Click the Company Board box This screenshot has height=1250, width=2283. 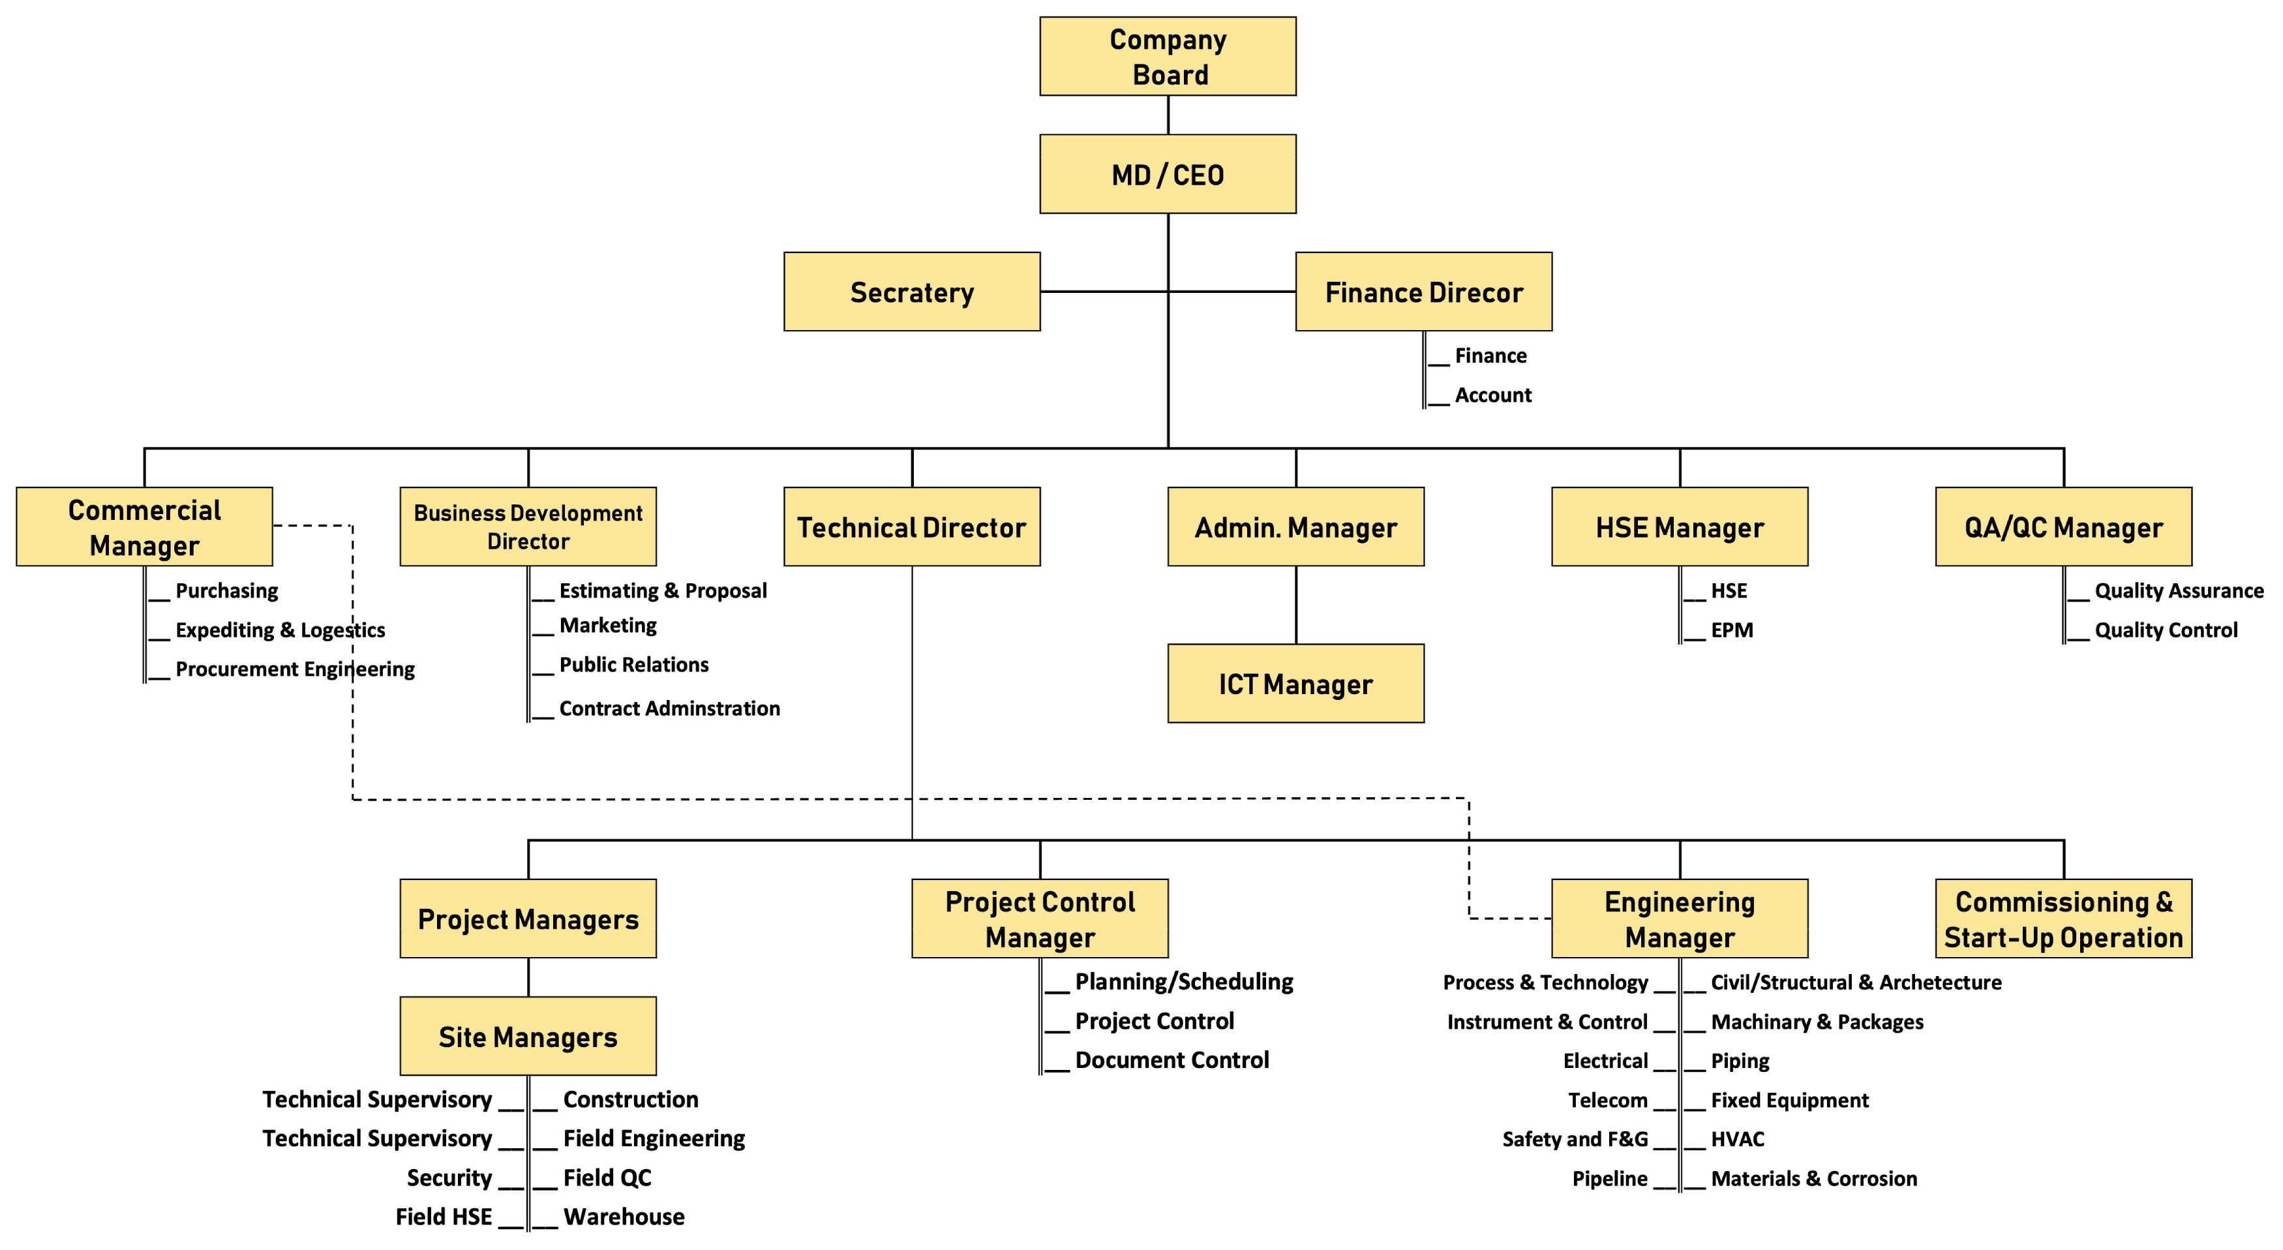click(x=1167, y=56)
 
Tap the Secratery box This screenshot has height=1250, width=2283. click(x=911, y=292)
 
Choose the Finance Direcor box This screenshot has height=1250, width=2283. click(x=1423, y=292)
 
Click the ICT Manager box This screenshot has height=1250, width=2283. click(x=1295, y=684)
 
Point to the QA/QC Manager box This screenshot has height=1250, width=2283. click(x=2063, y=526)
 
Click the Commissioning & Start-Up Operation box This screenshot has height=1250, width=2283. click(x=2063, y=919)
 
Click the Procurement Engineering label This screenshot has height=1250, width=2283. click(x=294, y=669)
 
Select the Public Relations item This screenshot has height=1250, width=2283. click(x=633, y=665)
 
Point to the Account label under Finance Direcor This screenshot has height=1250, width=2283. click(x=1492, y=395)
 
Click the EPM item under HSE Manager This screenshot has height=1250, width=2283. click(x=1731, y=630)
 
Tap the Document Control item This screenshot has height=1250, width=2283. click(x=1171, y=1060)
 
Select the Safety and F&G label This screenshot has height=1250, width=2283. click(x=1574, y=1139)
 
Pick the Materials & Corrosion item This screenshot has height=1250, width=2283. click(x=1813, y=1179)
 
